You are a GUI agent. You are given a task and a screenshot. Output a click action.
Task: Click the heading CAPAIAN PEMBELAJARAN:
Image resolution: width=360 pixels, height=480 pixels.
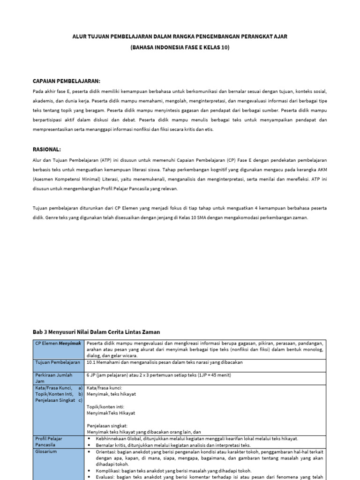coord(66,81)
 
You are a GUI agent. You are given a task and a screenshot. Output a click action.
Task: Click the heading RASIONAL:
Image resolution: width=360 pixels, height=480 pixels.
coord(47,149)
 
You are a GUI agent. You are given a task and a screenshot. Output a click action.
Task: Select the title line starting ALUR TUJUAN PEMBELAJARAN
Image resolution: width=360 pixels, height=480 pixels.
coord(180,36)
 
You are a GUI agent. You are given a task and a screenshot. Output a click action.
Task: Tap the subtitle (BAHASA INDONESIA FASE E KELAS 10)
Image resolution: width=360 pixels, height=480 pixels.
coord(180,47)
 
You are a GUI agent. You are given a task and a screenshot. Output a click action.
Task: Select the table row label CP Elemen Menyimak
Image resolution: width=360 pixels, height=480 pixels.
coord(58,344)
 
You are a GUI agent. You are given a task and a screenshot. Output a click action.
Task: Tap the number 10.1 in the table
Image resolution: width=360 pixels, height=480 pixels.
coord(91,362)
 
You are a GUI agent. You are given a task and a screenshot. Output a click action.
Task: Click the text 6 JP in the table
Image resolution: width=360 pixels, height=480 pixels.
coord(90,375)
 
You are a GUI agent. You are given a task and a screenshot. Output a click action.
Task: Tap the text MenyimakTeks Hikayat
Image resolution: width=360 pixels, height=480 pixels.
coord(111,413)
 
